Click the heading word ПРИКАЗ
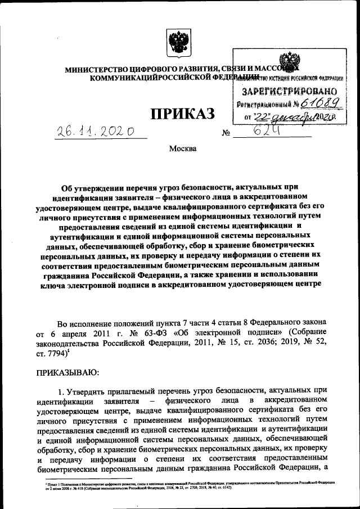182,114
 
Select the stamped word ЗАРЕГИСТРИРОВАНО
289,91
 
